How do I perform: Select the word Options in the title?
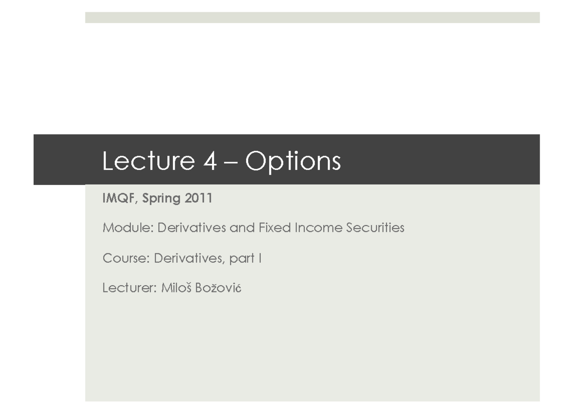tap(293, 162)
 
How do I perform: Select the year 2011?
tap(199, 199)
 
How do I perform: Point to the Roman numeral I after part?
tap(259, 258)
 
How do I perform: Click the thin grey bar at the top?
tap(312, 18)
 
